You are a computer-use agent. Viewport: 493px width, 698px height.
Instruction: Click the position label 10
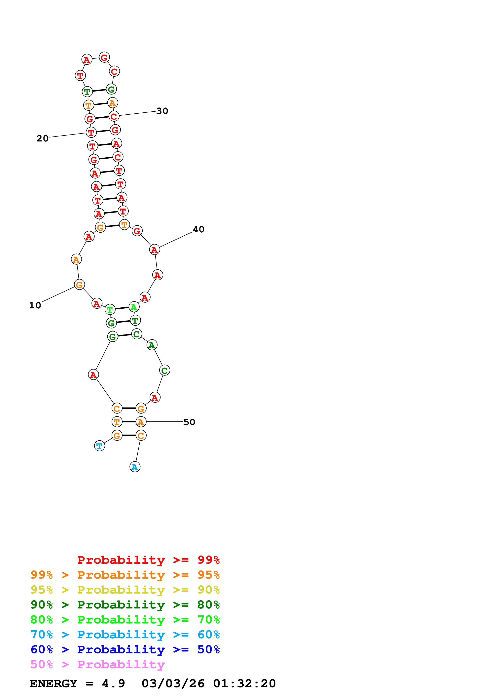[35, 305]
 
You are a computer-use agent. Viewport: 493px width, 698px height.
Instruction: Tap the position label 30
[162, 111]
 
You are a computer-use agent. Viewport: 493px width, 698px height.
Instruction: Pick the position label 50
[189, 422]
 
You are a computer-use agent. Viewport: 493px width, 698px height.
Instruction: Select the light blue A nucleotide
[135, 467]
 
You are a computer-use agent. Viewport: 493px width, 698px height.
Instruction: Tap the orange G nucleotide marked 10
[79, 285]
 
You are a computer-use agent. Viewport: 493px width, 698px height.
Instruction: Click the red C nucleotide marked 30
[114, 116]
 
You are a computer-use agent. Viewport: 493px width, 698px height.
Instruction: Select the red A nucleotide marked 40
[155, 250]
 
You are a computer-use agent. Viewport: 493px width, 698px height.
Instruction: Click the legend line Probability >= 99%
[148, 560]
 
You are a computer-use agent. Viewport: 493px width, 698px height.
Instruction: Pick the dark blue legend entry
[125, 649]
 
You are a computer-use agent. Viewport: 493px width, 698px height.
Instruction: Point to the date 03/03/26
[173, 683]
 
